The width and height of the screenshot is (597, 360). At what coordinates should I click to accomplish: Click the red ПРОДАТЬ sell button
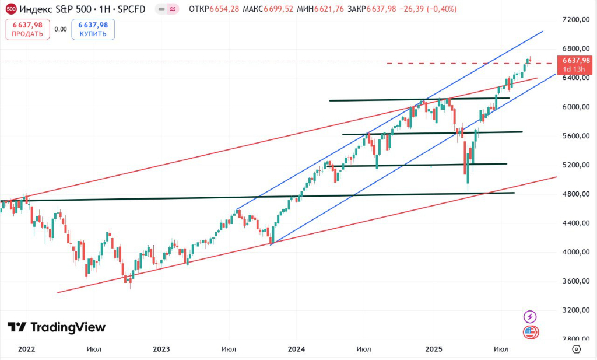(27, 29)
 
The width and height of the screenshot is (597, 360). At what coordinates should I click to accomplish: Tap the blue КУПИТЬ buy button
(93, 29)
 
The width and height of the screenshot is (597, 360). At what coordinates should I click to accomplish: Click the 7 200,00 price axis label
(574, 20)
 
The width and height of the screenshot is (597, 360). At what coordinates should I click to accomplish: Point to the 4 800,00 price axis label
(574, 194)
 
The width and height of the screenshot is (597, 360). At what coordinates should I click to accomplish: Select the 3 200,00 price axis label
(574, 310)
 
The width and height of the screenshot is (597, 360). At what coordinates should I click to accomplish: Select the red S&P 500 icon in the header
(10, 9)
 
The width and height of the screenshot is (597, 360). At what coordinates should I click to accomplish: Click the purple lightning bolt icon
(530, 317)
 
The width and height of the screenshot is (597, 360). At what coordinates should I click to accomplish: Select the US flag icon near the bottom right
(530, 333)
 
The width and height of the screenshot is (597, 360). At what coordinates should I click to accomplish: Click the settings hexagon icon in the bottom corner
(576, 349)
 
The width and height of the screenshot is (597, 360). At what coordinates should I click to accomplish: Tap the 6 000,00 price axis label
(574, 107)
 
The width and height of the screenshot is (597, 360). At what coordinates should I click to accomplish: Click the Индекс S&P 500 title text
(50, 9)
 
